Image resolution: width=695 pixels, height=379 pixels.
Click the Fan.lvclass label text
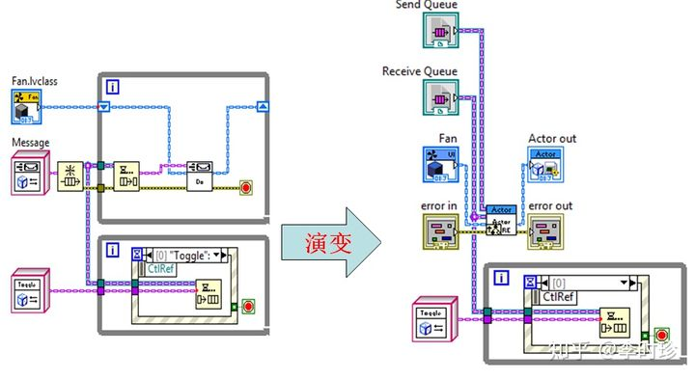(x=34, y=82)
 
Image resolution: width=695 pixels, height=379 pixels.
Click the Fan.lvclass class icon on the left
(x=27, y=108)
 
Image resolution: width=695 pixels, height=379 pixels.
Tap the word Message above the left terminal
(x=30, y=143)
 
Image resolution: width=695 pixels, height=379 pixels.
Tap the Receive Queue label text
(x=420, y=71)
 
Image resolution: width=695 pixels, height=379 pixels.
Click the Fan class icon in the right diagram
(x=439, y=164)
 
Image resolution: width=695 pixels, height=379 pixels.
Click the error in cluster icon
(x=439, y=232)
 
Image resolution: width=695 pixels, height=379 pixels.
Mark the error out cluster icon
(x=545, y=232)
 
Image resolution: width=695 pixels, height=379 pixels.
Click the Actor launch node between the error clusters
(x=500, y=221)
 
